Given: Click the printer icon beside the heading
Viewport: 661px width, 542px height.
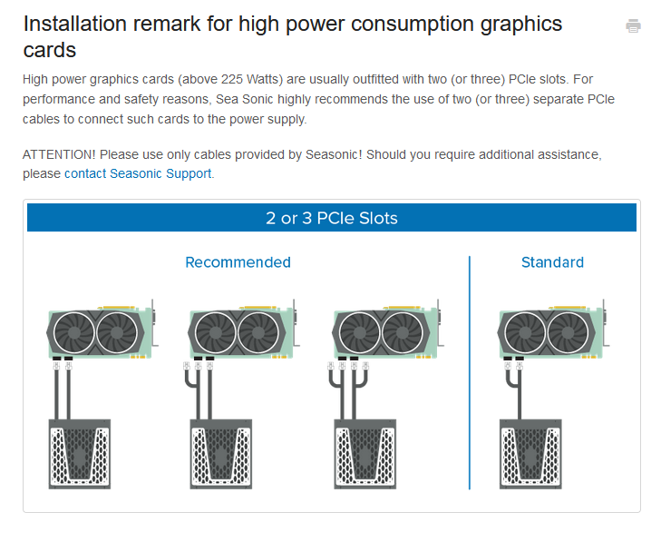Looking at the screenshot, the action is tap(633, 26).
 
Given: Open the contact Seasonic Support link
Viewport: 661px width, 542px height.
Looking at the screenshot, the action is tap(139, 172).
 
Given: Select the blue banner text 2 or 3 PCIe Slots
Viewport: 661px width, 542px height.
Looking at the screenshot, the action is tap(332, 218).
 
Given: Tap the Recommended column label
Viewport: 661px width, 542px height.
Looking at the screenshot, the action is tap(238, 262).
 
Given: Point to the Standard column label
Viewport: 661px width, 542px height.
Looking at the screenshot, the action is tap(552, 262).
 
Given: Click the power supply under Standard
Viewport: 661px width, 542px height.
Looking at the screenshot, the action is tap(530, 455).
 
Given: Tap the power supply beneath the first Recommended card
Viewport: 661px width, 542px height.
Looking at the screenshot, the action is tap(79, 455).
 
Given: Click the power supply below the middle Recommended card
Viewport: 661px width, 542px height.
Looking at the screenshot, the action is tap(222, 455).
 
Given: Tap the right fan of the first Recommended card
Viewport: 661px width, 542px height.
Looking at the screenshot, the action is tap(122, 333).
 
